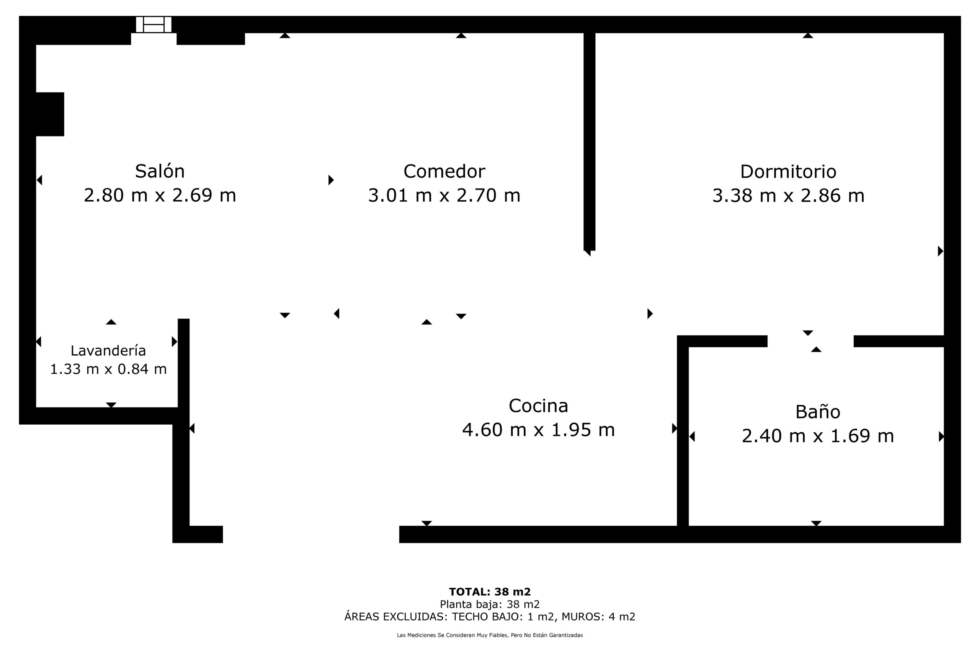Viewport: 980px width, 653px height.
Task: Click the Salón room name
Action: (160, 171)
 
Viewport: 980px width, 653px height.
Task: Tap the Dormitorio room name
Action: (788, 172)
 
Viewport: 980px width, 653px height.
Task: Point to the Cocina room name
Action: (538, 406)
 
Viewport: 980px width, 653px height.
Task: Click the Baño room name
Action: (818, 412)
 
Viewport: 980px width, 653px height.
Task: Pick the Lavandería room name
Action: (108, 351)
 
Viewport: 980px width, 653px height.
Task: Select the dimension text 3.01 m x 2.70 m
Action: (444, 196)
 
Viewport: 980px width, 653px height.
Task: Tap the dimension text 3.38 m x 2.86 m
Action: (788, 196)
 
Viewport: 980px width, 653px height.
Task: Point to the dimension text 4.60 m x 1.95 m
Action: (538, 430)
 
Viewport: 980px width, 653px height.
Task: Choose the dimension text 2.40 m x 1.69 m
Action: (818, 436)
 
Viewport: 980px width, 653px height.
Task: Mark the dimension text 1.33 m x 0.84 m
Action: (108, 369)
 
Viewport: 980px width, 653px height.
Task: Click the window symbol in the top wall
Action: (154, 24)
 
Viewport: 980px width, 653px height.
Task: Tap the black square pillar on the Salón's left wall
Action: (50, 114)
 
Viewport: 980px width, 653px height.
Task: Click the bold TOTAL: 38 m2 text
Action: (490, 592)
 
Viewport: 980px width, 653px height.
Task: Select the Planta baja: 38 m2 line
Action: (490, 604)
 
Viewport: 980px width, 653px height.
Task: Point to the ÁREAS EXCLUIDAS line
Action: (490, 617)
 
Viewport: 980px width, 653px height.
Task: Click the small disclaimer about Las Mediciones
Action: (490, 635)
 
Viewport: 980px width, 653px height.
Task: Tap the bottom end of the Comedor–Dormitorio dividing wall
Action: (589, 250)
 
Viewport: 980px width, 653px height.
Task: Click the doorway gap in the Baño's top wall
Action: (810, 341)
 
